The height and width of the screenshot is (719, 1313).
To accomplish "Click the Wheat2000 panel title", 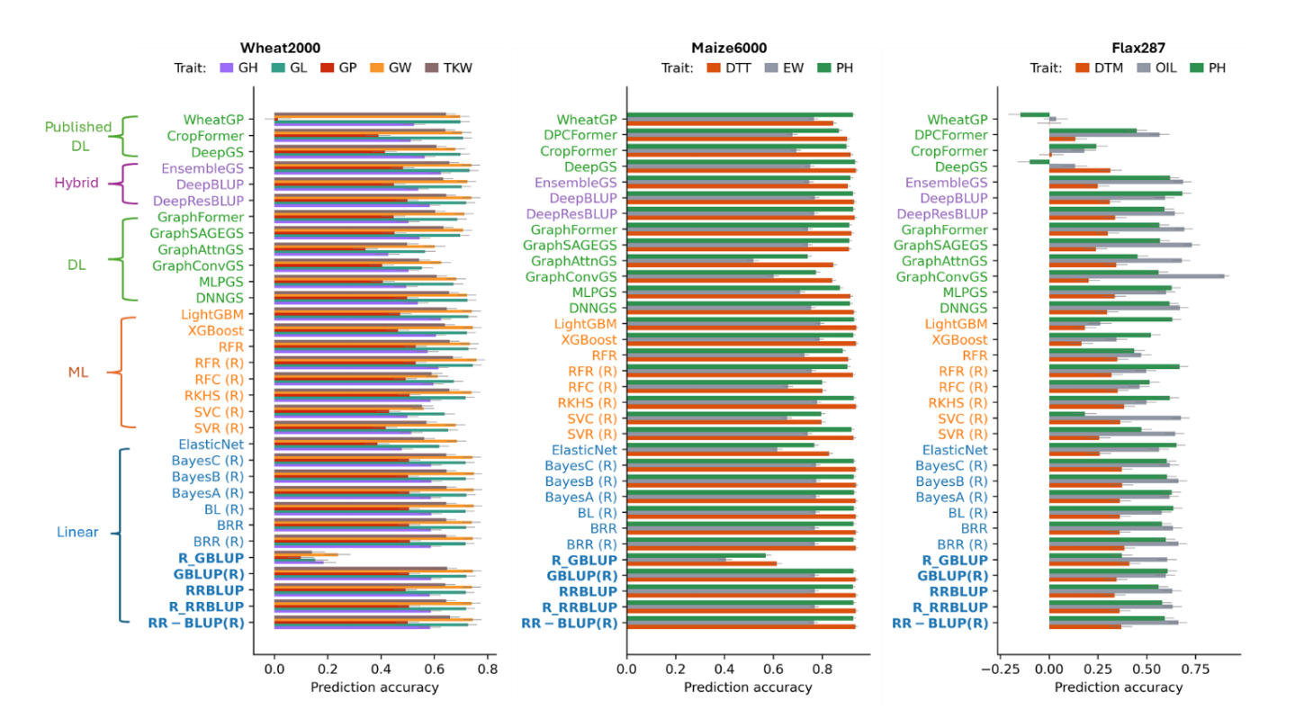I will tap(280, 48).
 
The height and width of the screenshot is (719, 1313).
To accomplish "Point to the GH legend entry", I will tap(238, 67).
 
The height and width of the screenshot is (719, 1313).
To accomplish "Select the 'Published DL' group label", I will tap(79, 135).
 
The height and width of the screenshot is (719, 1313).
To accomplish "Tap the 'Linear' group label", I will tap(77, 532).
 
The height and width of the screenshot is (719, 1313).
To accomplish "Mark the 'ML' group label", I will tap(79, 372).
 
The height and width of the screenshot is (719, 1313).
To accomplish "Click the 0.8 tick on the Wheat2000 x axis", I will tap(487, 670).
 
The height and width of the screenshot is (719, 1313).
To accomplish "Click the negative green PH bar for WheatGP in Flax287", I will tap(1034, 114).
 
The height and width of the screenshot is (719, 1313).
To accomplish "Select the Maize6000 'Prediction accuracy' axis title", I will tap(747, 688).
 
